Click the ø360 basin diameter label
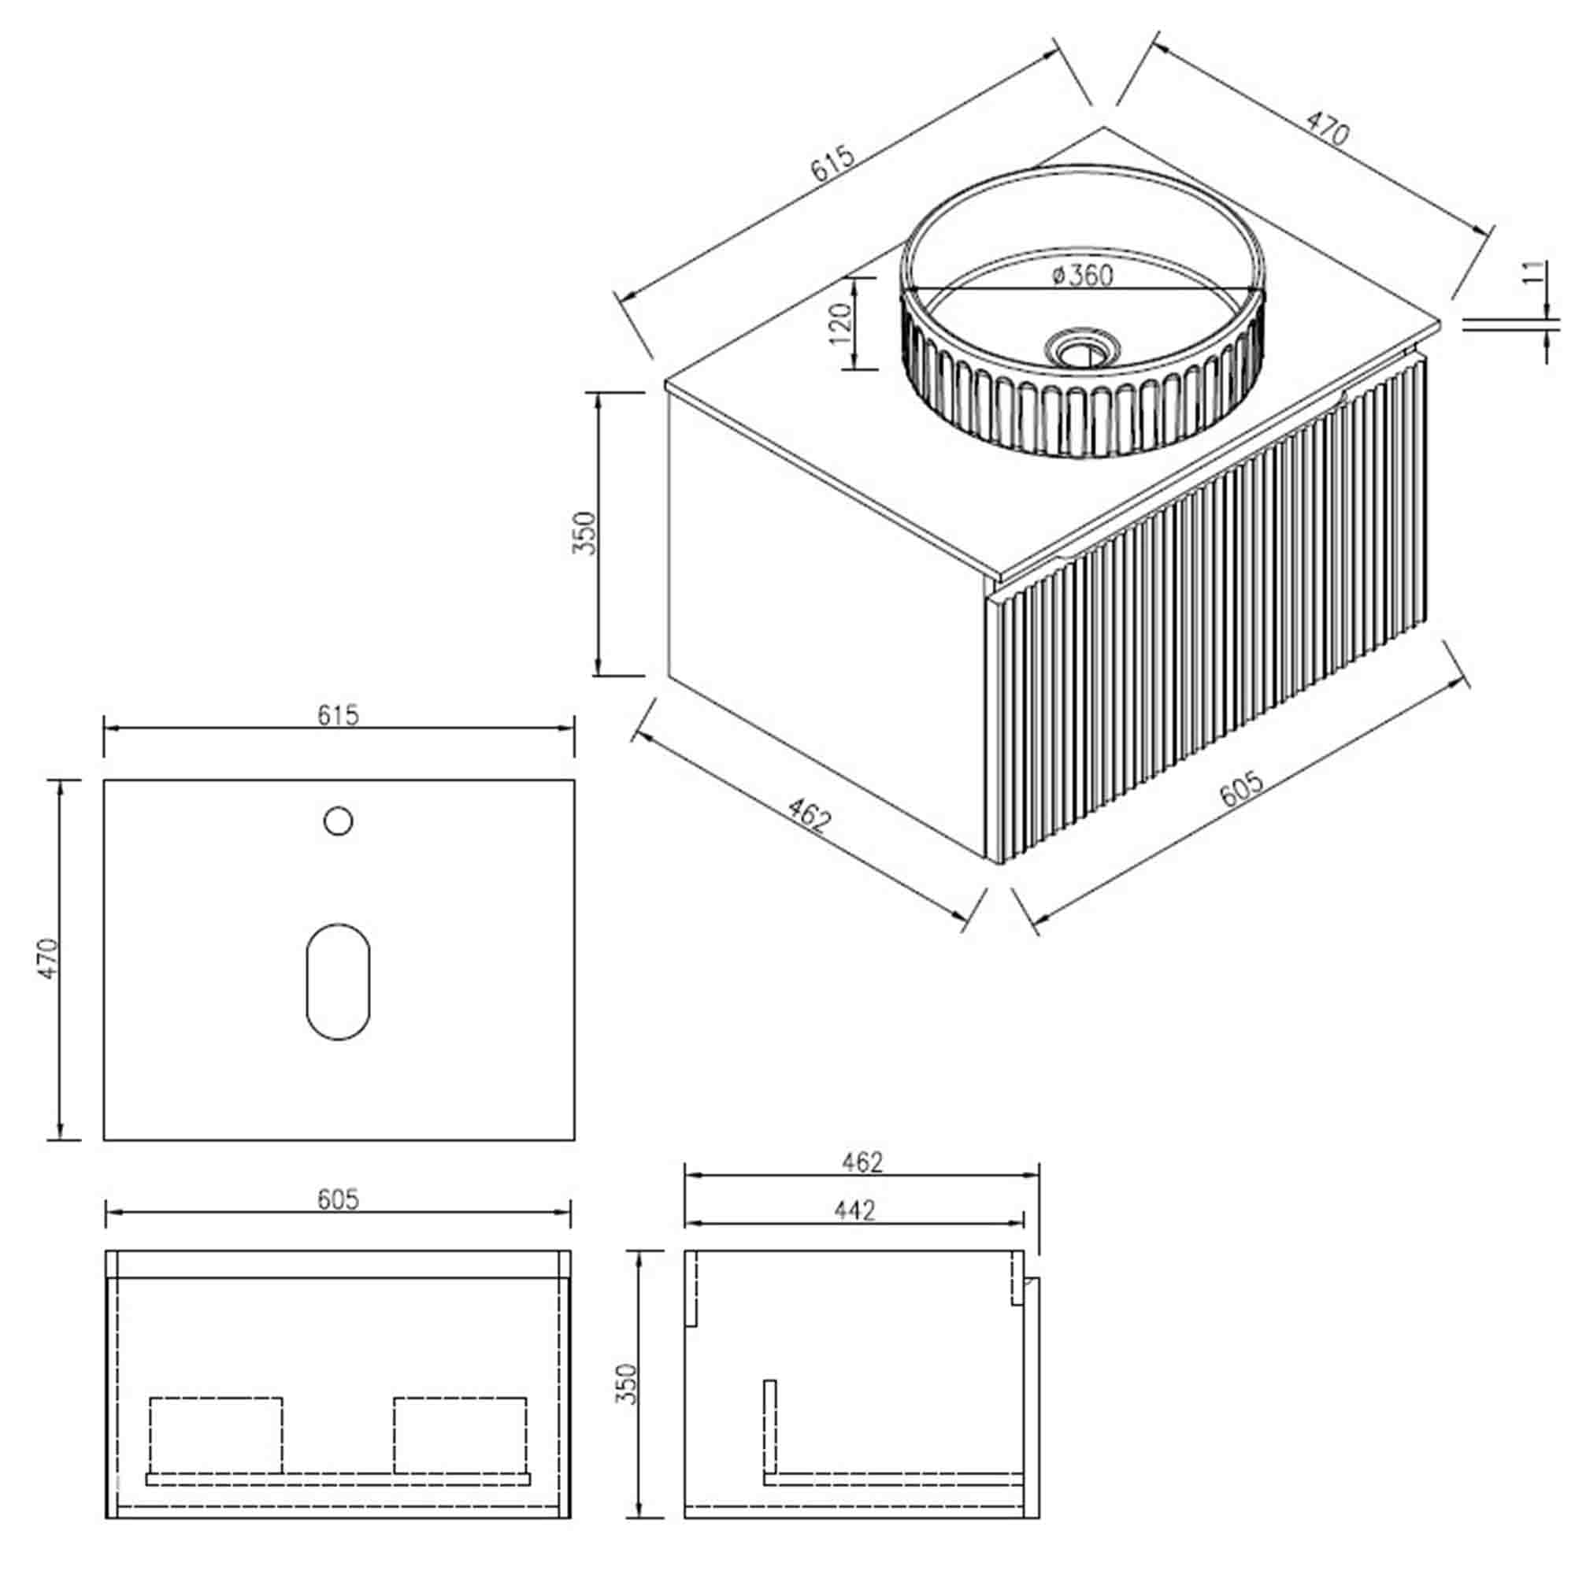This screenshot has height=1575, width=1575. [x=1082, y=276]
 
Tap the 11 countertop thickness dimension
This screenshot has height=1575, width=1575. [x=1533, y=272]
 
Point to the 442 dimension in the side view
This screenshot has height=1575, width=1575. [x=854, y=1210]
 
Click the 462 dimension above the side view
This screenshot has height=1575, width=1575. [x=862, y=1162]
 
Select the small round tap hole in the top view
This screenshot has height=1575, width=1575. [x=339, y=821]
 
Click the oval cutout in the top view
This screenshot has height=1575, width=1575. [x=339, y=981]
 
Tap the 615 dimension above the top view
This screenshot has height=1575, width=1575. [x=338, y=715]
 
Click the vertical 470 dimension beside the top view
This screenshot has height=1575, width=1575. [x=50, y=958]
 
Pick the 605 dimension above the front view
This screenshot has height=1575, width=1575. [x=338, y=1199]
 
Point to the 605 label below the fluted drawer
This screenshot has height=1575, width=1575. [x=1241, y=789]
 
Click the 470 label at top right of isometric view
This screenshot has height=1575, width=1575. [x=1328, y=129]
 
